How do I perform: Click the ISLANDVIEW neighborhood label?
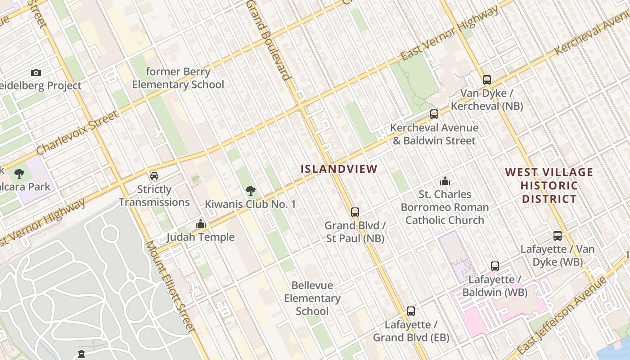coord(339,169)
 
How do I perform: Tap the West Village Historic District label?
coord(549,185)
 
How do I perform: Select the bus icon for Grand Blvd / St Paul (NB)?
coord(355,212)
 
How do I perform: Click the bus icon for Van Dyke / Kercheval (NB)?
coord(486,80)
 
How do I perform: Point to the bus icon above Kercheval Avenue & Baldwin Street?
coord(434,114)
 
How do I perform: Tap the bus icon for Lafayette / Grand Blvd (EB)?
coord(410,311)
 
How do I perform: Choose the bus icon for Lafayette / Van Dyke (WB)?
coord(557,235)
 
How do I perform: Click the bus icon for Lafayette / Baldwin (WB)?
coord(495,266)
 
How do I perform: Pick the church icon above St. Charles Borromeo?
coord(445,181)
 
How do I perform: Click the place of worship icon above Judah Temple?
coord(201,223)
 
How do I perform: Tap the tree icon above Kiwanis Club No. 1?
coord(250,191)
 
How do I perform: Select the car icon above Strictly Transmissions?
coord(154,175)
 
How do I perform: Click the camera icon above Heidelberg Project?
coord(36,72)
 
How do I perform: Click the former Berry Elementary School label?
coord(178,78)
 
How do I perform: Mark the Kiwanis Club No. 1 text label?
coord(250,204)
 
